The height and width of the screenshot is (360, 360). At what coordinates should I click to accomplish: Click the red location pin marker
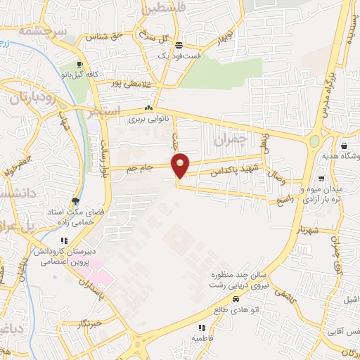(180, 166)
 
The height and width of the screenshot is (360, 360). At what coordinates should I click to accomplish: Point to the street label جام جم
(139, 169)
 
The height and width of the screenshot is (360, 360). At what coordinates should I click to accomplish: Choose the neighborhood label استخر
(107, 111)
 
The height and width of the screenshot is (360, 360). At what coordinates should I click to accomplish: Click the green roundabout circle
(314, 141)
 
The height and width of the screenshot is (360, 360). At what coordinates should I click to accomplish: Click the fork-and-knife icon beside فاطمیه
(202, 327)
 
